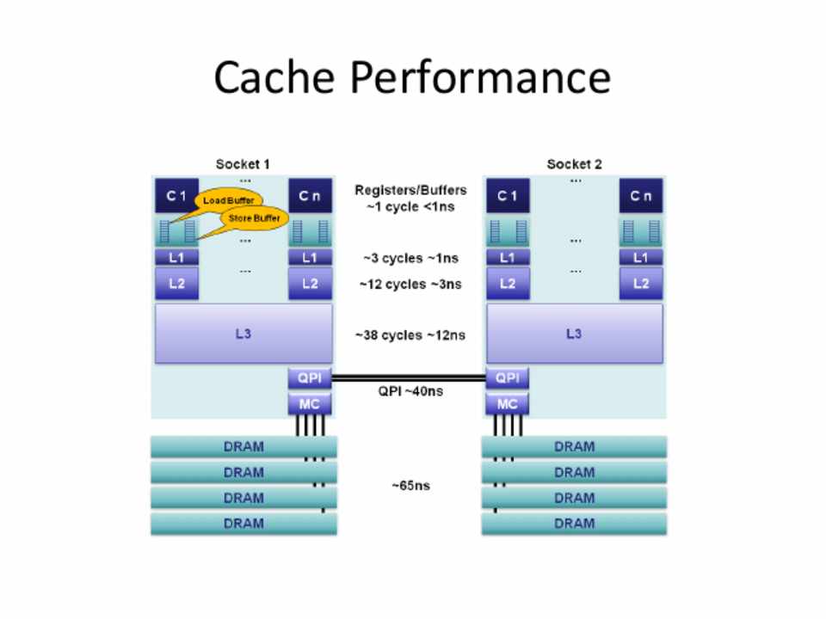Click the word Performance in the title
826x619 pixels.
pyautogui.click(x=480, y=79)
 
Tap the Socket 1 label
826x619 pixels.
pyautogui.click(x=243, y=164)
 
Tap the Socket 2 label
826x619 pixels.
pyautogui.click(x=574, y=164)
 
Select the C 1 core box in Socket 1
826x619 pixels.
pyautogui.click(x=176, y=196)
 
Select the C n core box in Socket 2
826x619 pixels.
pyautogui.click(x=641, y=196)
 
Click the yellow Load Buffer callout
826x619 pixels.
pyautogui.click(x=227, y=200)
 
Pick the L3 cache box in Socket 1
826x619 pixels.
pyautogui.click(x=243, y=334)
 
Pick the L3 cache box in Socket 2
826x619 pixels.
pyautogui.click(x=574, y=334)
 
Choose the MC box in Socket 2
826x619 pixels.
pyautogui.click(x=508, y=403)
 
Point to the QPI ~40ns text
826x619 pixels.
pyautogui.click(x=410, y=391)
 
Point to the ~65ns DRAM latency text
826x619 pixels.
pyautogui.click(x=410, y=486)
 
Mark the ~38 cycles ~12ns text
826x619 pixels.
pyautogui.click(x=410, y=335)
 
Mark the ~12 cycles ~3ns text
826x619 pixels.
pyautogui.click(x=410, y=284)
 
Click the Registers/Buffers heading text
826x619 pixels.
pyautogui.click(x=410, y=190)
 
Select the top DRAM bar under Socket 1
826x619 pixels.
pyautogui.click(x=243, y=447)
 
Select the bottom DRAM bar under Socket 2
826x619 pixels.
pyautogui.click(x=574, y=524)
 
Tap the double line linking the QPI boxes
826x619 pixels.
pyautogui.click(x=409, y=377)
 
